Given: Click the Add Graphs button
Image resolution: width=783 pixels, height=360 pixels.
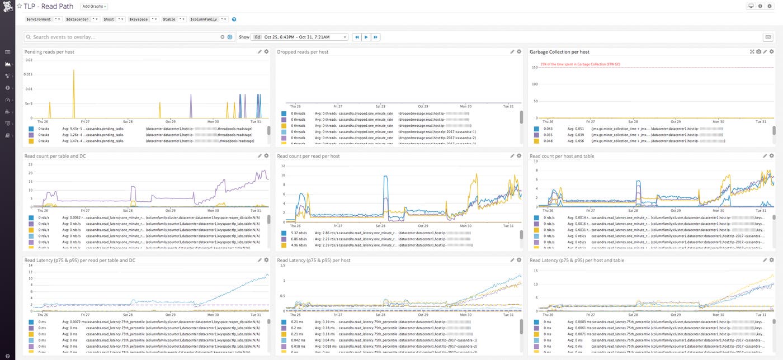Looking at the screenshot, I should [94, 6].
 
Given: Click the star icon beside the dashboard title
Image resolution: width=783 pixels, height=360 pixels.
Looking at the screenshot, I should [19, 6].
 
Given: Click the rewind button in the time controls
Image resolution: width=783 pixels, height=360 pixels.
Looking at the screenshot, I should [356, 37].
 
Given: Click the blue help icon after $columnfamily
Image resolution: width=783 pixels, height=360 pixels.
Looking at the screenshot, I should [234, 19].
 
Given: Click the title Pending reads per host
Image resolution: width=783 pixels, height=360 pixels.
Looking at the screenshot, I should [49, 52].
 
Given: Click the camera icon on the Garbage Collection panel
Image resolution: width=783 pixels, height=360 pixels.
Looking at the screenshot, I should [758, 52].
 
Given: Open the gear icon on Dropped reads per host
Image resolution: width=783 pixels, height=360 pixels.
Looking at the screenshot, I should [519, 52].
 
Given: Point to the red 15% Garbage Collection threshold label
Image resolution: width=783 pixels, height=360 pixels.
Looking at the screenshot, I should [579, 64].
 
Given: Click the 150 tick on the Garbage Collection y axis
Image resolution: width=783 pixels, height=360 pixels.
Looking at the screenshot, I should [535, 67].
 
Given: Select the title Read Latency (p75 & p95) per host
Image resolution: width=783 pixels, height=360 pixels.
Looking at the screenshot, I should [313, 260].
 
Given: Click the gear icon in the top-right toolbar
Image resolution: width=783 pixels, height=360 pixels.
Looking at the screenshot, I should [769, 6].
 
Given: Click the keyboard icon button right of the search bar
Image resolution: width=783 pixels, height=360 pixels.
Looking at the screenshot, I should [768, 37].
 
